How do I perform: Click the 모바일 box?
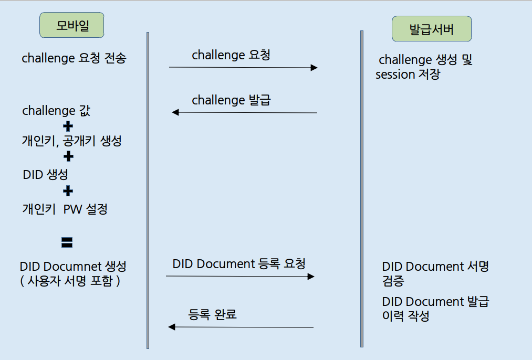pyautogui.click(x=71, y=25)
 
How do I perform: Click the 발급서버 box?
pyautogui.click(x=431, y=29)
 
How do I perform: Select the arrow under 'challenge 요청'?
pyautogui.click(x=243, y=67)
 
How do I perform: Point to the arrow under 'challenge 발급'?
pyautogui.click(x=245, y=112)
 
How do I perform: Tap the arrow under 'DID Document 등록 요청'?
pyautogui.click(x=240, y=276)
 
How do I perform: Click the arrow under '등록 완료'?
pyautogui.click(x=241, y=327)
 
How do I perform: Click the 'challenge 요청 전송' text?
pyautogui.click(x=74, y=58)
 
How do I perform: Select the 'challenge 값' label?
pyautogui.click(x=49, y=111)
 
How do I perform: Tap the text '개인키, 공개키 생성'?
pyautogui.click(x=72, y=141)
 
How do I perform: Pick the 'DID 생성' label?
pyautogui.click(x=45, y=174)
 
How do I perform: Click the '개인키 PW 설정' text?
pyautogui.click(x=65, y=209)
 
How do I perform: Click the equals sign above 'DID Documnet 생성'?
pyautogui.click(x=67, y=242)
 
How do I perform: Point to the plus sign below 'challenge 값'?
pyautogui.click(x=68, y=126)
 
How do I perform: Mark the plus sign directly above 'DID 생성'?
pyautogui.click(x=68, y=157)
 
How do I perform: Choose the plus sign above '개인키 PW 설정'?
pyautogui.click(x=68, y=190)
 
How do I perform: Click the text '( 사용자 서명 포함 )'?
pyautogui.click(x=70, y=281)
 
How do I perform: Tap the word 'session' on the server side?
pyautogui.click(x=395, y=75)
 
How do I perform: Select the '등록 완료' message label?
pyautogui.click(x=213, y=314)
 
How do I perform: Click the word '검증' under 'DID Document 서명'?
pyautogui.click(x=393, y=281)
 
